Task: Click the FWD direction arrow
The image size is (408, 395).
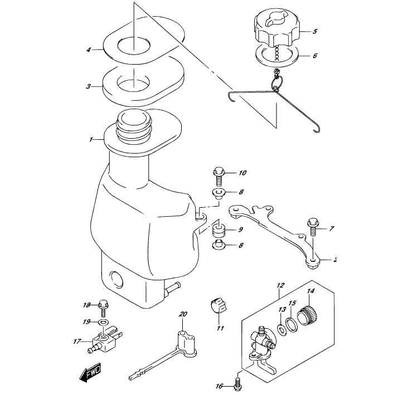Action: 90,372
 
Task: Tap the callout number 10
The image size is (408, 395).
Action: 242,173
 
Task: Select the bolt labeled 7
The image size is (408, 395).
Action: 313,226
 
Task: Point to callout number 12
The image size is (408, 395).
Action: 280,285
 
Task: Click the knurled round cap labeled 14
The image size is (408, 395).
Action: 308,316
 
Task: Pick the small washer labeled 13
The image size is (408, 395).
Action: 281,330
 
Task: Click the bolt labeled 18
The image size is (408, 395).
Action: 103,309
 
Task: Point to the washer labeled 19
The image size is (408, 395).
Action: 103,322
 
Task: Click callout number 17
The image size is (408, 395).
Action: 77,341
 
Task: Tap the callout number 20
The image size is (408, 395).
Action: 183,314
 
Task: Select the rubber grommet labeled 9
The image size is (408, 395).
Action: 218,230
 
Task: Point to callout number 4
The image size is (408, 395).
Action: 89,50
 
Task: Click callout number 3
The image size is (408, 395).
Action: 89,86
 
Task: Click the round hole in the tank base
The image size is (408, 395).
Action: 116,280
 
